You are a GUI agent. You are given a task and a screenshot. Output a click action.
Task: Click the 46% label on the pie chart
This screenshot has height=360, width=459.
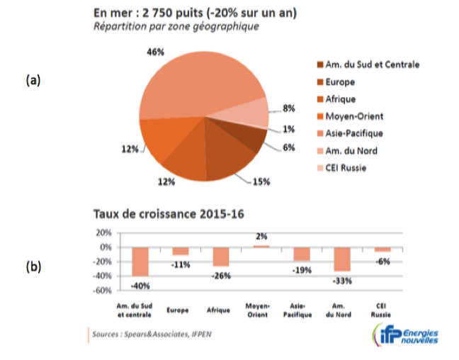pos(155,52)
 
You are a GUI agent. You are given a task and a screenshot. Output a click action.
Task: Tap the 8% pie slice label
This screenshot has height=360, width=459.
pos(288,108)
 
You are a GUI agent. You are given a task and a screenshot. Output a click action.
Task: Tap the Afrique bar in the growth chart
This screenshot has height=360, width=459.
pos(221,257)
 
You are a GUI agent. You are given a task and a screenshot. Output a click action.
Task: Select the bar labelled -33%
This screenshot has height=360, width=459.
pos(343,259)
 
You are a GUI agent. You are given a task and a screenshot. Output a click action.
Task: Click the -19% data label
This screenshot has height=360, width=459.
pos(302,269)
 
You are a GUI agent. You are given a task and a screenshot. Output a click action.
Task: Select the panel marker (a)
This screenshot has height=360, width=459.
pos(33,80)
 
